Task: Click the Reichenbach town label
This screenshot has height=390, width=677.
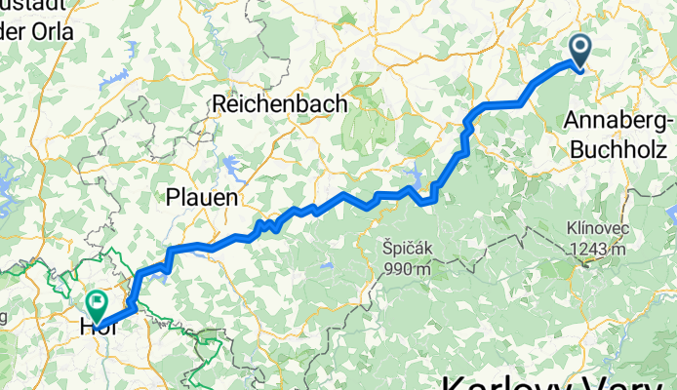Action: tap(275, 102)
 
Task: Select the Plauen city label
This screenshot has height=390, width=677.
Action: tap(202, 196)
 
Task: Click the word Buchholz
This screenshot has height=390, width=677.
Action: tap(618, 150)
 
